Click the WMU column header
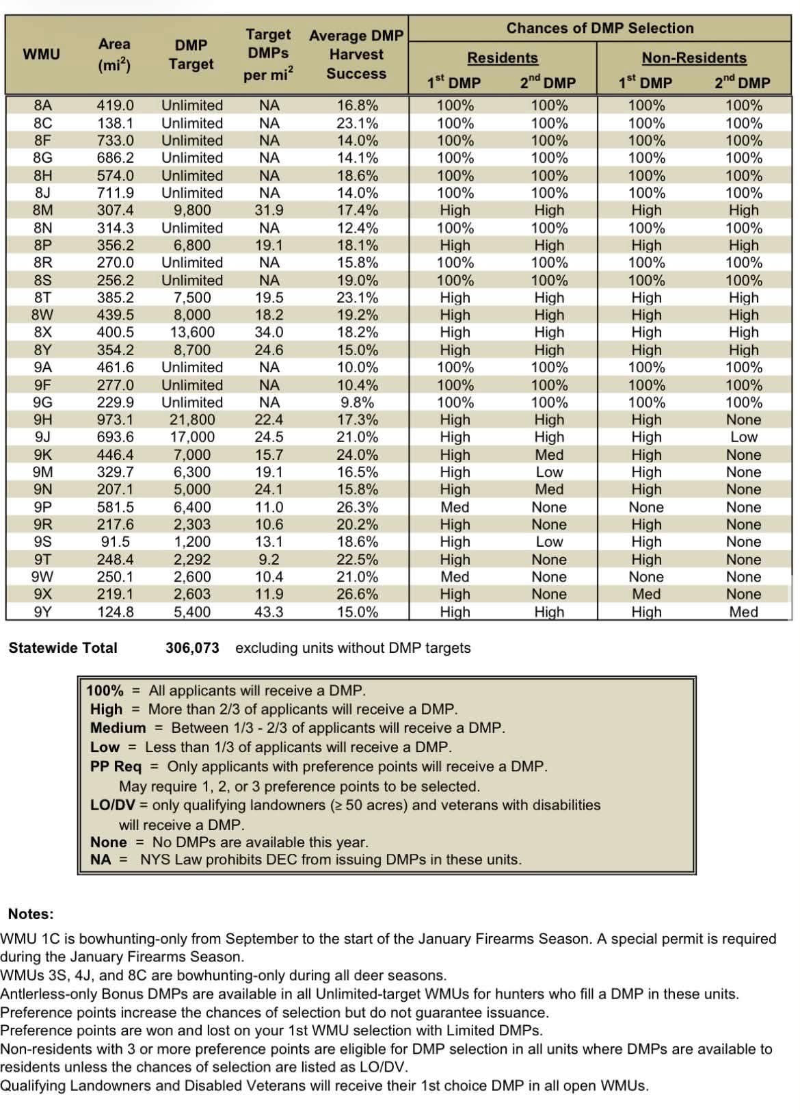click(41, 54)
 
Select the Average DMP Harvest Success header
click(356, 55)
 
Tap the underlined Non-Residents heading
click(694, 58)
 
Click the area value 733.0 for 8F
click(115, 140)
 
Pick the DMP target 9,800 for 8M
click(192, 210)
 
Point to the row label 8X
click(42, 332)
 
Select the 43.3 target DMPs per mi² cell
click(269, 612)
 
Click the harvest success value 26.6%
click(357, 594)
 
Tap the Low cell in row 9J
click(743, 437)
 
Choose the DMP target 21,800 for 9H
click(192, 419)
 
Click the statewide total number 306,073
click(192, 648)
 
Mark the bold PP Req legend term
click(116, 766)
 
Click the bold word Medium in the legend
click(118, 728)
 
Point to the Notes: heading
click(31, 914)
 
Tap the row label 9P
click(42, 507)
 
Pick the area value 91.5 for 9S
click(115, 541)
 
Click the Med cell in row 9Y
click(743, 612)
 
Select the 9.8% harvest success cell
click(357, 402)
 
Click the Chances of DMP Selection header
click(600, 28)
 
